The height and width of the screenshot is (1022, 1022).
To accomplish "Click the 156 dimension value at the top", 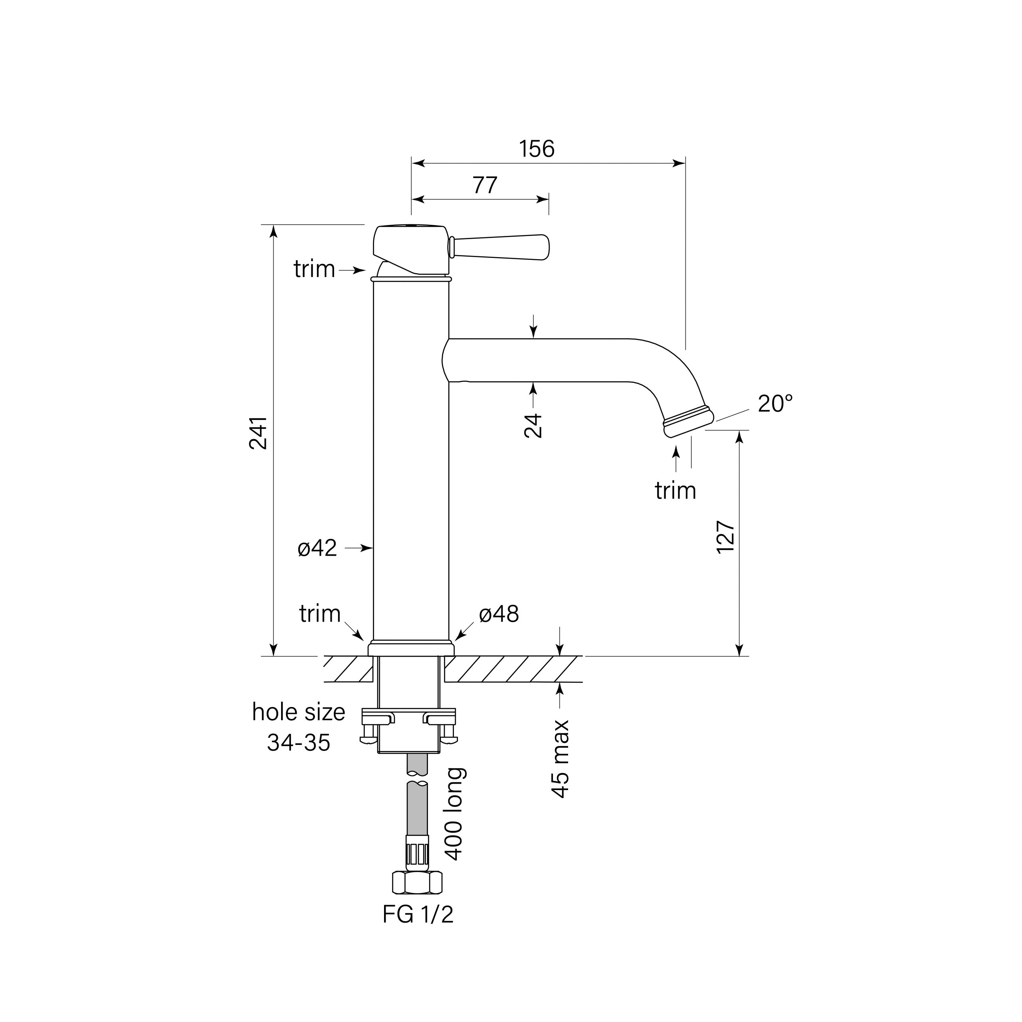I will [537, 149].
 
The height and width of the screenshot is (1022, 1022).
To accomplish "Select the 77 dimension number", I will [485, 185].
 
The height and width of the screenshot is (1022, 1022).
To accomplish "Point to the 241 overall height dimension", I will [259, 433].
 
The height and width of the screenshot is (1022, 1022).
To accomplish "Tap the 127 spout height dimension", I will [725, 537].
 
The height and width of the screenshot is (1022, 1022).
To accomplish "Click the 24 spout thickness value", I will [533, 426].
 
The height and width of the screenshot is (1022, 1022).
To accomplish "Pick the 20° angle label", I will [775, 404].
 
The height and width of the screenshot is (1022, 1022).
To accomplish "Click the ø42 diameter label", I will [317, 549].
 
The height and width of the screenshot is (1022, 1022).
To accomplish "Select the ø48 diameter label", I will [499, 614].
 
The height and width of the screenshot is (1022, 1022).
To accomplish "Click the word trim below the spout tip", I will [675, 491].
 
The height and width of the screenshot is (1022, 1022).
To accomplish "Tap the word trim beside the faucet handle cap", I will [314, 269].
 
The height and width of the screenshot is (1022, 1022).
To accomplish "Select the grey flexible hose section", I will [417, 809].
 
